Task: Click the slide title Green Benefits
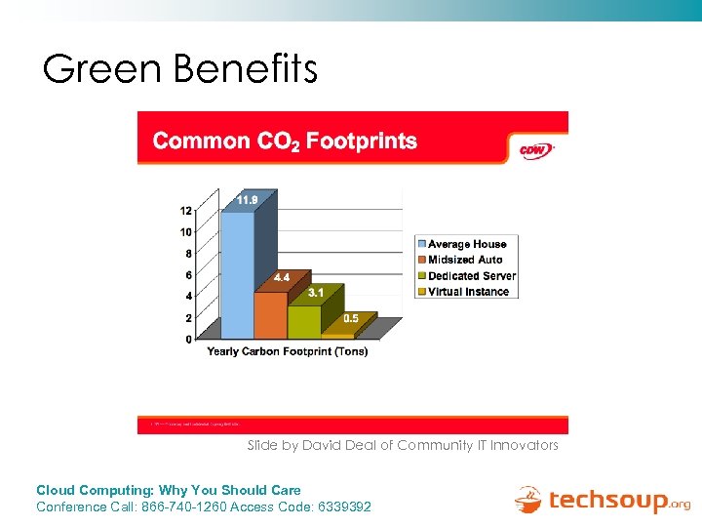point(180,68)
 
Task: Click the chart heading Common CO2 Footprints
point(285,142)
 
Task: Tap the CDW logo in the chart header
point(533,149)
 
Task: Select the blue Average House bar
point(238,273)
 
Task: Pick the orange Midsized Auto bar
point(271,312)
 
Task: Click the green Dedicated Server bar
point(305,320)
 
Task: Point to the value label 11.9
point(247,200)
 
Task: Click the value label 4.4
point(281,277)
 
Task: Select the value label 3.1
point(316,292)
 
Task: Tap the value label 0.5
point(349,318)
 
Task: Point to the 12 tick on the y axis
point(185,211)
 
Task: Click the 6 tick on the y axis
point(187,275)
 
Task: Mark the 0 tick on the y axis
point(187,340)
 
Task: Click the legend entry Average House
point(467,244)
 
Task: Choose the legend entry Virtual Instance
point(468,292)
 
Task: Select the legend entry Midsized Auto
point(465,260)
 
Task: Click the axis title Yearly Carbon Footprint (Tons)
point(288,352)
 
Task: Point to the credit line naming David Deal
point(403,445)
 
